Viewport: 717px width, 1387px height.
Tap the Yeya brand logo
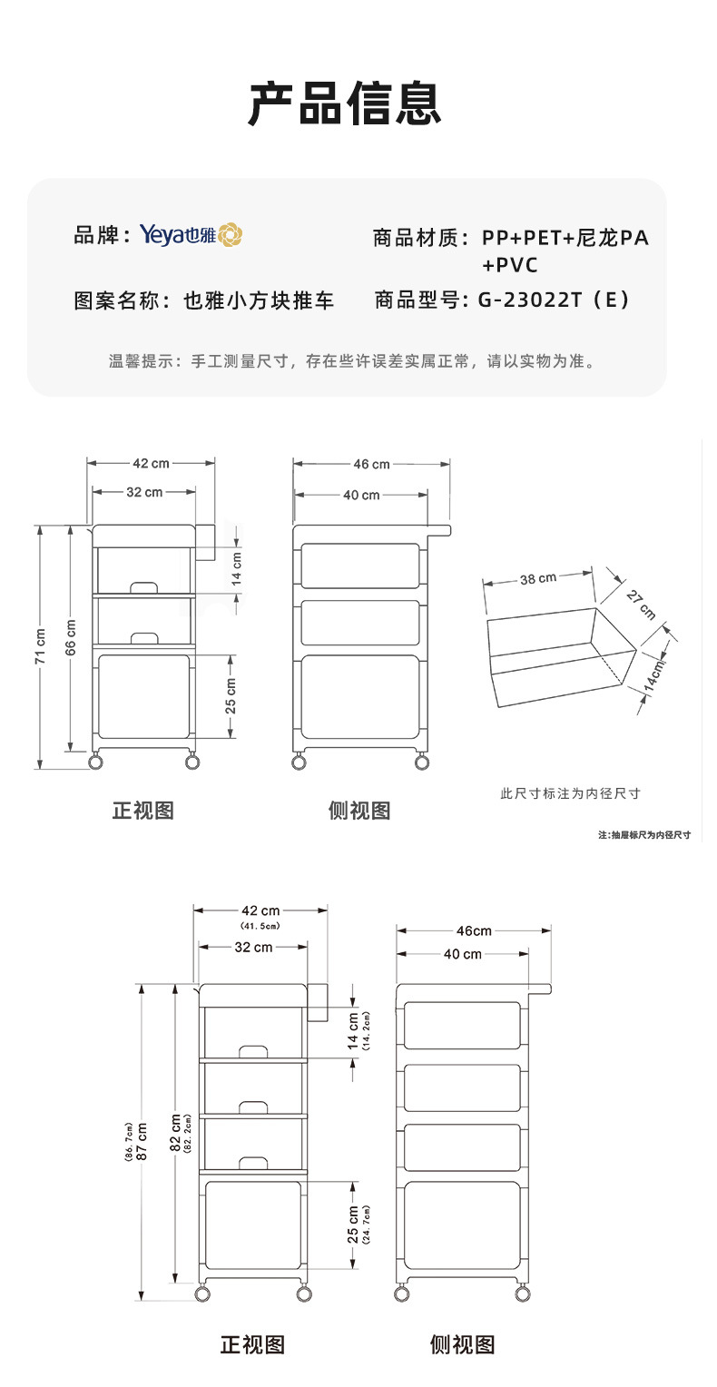(191, 235)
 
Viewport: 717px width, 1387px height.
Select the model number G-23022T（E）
(553, 300)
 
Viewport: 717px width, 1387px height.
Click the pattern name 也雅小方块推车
(259, 300)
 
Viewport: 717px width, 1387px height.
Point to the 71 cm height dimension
(40, 645)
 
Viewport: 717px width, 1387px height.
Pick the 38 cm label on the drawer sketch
(538, 578)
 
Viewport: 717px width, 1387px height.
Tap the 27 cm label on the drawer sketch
(641, 604)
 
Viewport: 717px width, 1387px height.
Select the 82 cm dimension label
(175, 1133)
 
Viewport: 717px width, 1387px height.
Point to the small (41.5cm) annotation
(260, 926)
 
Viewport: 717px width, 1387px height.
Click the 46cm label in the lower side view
(474, 930)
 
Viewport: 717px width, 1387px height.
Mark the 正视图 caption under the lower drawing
(253, 1344)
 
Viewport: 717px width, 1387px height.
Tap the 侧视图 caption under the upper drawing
(359, 811)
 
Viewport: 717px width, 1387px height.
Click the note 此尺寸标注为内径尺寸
(570, 793)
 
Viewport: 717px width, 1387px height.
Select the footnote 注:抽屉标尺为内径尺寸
(644, 834)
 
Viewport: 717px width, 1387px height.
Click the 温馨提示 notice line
(352, 361)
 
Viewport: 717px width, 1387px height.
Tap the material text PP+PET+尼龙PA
(565, 239)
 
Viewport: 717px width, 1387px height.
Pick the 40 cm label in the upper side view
(360, 495)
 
